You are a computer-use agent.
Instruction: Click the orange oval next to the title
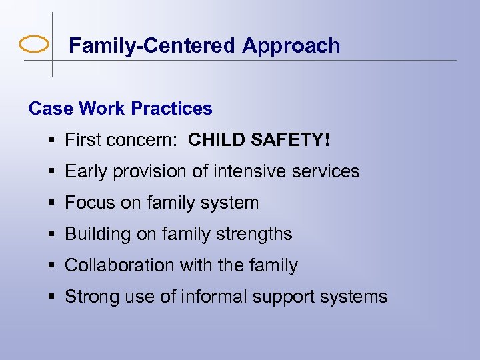tap(34, 45)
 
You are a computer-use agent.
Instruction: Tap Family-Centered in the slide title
tap(153, 46)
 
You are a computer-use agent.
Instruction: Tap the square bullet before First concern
tap(51, 141)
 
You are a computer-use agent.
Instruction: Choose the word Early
tap(87, 171)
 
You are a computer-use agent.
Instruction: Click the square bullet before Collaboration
tap(51, 265)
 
